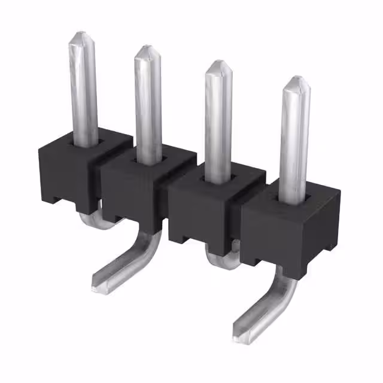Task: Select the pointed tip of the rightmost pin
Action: tap(296, 80)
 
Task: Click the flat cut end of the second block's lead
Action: tap(98, 282)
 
